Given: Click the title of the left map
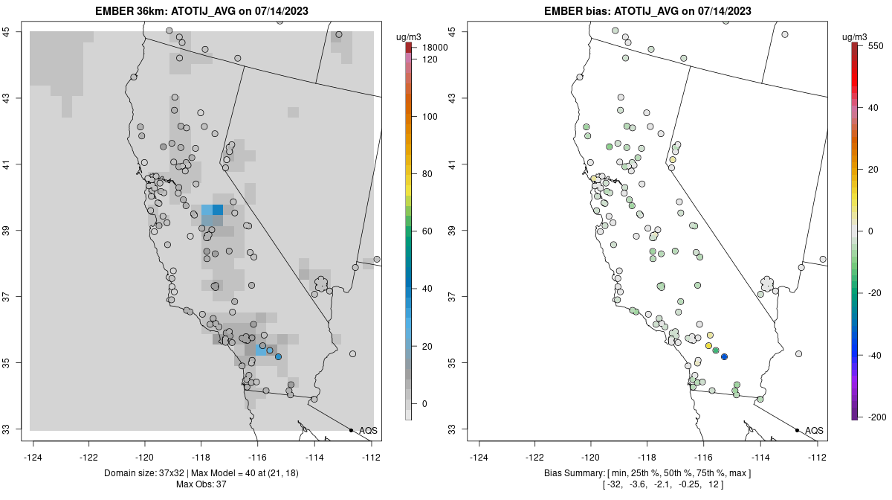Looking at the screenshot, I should coord(201,11).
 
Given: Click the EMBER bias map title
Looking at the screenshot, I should coord(647,11).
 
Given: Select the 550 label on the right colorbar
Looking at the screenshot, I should coord(875,45).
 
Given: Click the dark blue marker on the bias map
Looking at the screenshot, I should coord(724,357).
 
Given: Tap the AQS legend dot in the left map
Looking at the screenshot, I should coord(351,430).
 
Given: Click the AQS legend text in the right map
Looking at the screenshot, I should coord(814,430).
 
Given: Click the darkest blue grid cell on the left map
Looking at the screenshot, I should coord(218,210).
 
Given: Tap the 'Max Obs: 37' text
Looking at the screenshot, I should coord(201,484).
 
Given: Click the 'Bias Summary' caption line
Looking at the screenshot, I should coord(647,473).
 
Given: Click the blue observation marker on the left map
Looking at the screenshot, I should coord(278,357).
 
